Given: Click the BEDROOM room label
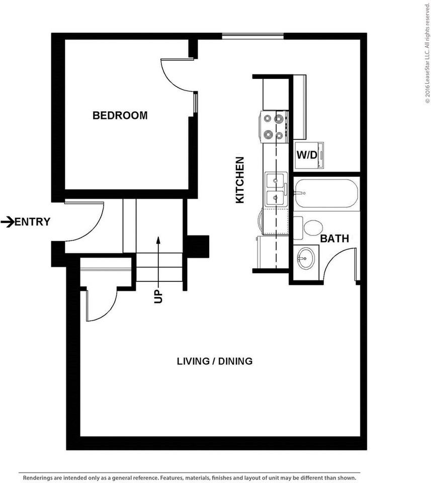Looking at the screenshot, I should [120, 115].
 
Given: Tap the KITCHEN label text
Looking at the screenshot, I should [240, 180].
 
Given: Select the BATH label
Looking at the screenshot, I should [334, 238].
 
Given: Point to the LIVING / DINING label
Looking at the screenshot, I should [214, 361].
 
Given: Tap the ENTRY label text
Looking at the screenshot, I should [33, 221].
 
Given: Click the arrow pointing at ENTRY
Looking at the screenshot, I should [8, 221].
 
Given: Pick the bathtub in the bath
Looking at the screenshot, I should [326, 194].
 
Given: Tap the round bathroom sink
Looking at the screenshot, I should [305, 259].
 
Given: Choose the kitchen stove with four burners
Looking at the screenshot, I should [274, 126].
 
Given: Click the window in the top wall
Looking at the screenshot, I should [253, 36].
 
